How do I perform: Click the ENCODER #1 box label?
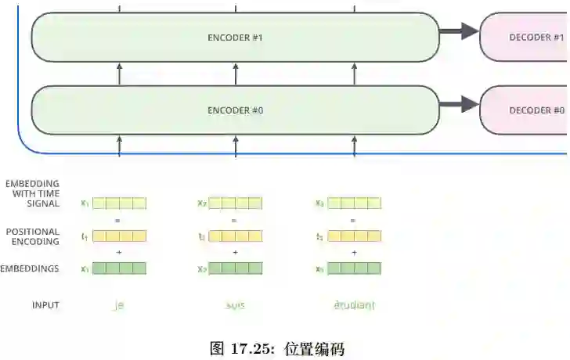point(235,38)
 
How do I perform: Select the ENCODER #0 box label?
point(235,110)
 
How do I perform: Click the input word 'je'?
point(119,305)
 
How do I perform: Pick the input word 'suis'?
point(235,305)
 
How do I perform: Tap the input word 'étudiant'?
point(354,305)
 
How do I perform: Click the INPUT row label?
point(45,305)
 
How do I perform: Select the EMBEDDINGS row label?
point(31,268)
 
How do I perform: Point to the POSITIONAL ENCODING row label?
point(32,236)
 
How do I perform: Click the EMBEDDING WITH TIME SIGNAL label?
point(32,194)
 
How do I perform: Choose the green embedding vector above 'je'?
point(119,268)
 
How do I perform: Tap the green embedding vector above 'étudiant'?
point(354,268)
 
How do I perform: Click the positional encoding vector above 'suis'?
point(236,236)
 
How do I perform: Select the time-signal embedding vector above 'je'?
point(119,203)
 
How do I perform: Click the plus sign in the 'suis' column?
point(235,252)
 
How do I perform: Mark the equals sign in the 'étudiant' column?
point(353,220)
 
